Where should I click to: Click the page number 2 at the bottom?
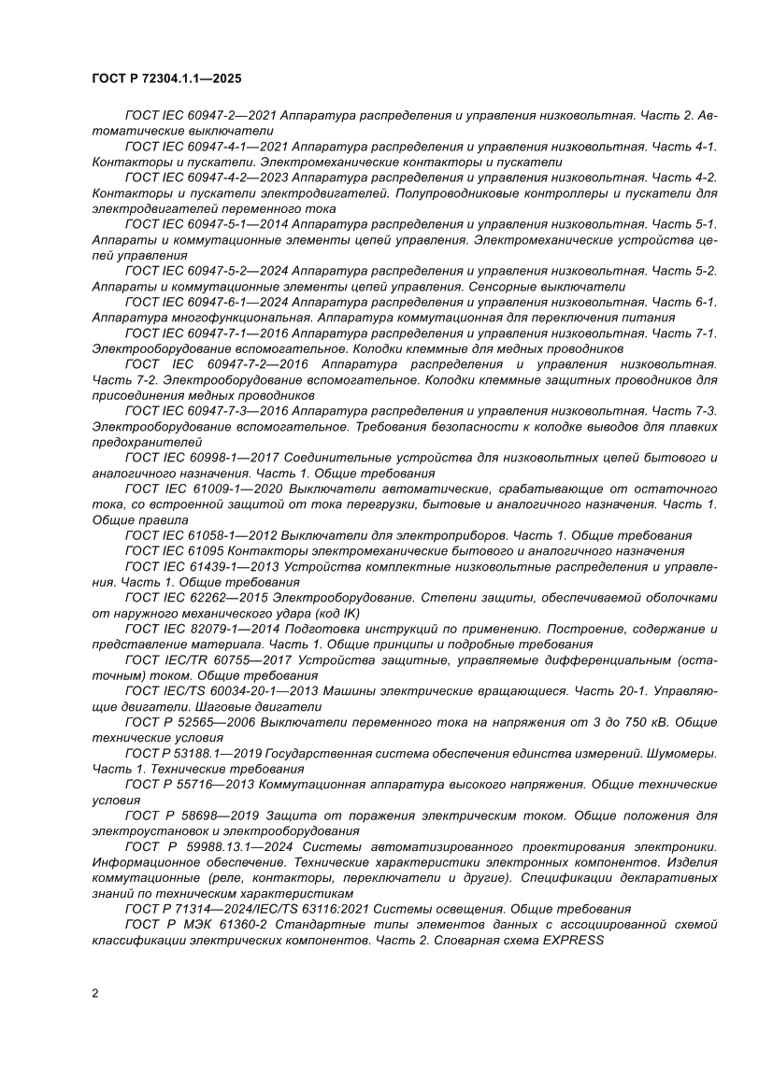[x=95, y=993]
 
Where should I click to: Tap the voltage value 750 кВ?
[x=644, y=722]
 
